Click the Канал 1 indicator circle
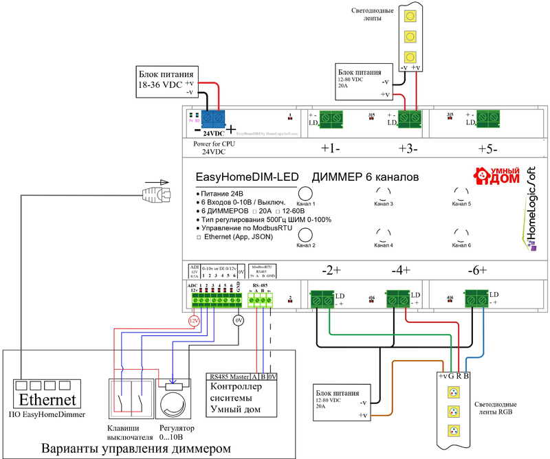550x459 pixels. click(305, 194)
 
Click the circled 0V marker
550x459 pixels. click(239, 320)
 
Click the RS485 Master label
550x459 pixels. click(228, 376)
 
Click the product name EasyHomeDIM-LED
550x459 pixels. click(247, 177)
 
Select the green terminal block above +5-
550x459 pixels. click(487, 117)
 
